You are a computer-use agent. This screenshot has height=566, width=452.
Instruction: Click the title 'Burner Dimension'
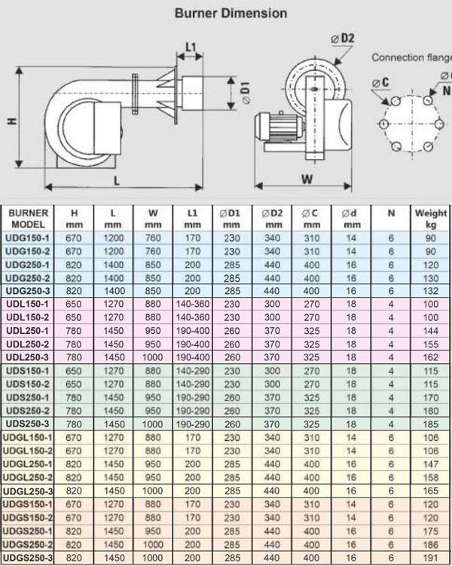click(x=231, y=13)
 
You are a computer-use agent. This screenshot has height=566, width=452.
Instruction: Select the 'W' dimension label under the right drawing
click(x=306, y=179)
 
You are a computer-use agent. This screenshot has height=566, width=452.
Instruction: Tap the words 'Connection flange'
click(x=411, y=57)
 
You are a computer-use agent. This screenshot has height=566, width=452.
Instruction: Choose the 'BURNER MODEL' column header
click(x=30, y=219)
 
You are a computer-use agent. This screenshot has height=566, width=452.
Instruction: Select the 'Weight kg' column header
click(x=430, y=219)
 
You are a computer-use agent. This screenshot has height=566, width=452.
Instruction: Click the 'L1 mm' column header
click(x=192, y=219)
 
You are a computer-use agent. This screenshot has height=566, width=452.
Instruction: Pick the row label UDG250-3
click(x=28, y=290)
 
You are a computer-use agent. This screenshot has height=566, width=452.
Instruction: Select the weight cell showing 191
click(x=430, y=557)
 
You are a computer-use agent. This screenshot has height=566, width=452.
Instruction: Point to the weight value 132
click(x=430, y=290)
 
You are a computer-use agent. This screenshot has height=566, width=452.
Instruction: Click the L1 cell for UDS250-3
click(x=192, y=424)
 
